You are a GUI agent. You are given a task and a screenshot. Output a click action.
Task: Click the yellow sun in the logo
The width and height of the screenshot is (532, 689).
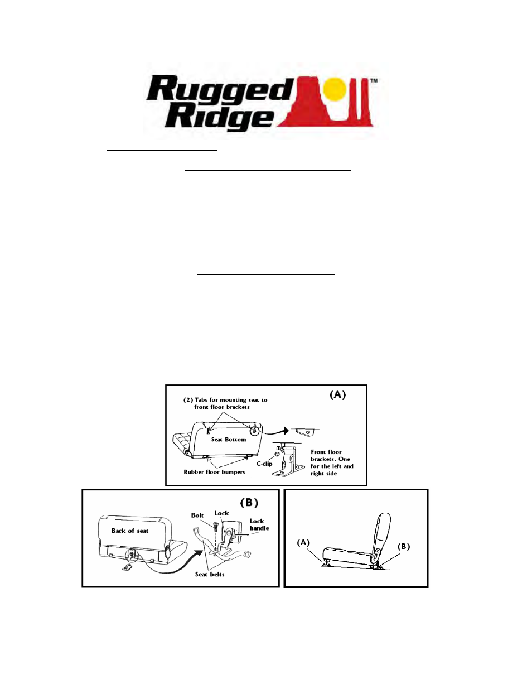(335, 89)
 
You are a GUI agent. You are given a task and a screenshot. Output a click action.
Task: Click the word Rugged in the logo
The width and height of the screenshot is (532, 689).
(220, 89)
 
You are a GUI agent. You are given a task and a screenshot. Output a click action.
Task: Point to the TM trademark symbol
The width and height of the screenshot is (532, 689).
(374, 81)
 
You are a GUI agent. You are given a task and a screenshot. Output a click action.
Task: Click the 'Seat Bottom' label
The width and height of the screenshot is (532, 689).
(228, 440)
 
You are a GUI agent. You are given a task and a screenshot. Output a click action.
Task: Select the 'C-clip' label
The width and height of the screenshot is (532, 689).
(264, 464)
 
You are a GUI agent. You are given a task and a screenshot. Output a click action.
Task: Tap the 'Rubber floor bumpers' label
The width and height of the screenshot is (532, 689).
(214, 472)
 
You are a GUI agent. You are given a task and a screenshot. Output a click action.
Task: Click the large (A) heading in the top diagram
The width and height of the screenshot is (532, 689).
(337, 395)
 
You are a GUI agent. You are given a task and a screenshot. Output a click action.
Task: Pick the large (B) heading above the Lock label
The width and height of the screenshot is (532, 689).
(249, 503)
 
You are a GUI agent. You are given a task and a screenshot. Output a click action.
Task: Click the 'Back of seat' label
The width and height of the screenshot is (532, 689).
(130, 531)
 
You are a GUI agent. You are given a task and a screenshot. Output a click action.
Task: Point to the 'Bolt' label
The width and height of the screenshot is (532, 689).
(197, 515)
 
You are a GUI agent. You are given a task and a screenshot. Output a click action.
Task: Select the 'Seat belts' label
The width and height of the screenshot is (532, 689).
(210, 574)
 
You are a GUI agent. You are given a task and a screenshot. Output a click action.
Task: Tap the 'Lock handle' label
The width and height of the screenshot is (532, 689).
(259, 524)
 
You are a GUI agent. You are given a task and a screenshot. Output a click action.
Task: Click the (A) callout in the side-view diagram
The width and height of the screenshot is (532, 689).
(303, 542)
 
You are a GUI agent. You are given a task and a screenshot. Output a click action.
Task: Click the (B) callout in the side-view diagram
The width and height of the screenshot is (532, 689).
(404, 547)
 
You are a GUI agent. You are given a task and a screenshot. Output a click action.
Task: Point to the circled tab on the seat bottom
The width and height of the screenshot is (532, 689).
(254, 431)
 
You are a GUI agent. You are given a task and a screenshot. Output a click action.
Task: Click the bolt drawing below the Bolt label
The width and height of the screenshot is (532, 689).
(216, 527)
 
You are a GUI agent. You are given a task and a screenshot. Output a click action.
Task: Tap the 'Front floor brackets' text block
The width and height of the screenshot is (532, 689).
(332, 462)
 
